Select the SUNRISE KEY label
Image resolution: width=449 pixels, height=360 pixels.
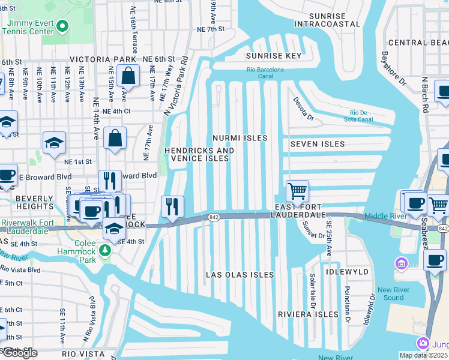coord(274,56)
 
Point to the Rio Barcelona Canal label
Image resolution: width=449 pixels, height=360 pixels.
coord(265,73)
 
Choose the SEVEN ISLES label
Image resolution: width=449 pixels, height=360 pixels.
coord(318,144)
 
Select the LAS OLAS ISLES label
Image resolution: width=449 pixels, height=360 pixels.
coord(240,275)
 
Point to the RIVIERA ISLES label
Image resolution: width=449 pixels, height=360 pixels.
coord(308,314)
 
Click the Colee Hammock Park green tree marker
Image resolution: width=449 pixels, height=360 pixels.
coord(106,250)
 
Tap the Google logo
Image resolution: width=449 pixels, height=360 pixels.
coord(19,353)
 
